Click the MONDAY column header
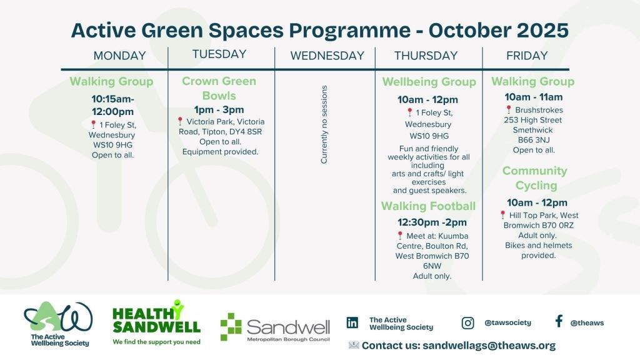pos(119,56)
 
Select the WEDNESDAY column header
pos(327,56)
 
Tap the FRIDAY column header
pos(527,56)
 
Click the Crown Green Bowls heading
pos(219,88)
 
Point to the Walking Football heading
pos(429,206)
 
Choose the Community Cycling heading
pos(535,178)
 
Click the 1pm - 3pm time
pos(219,110)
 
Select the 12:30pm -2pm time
pos(432,222)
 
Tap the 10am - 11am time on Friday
pos(534,97)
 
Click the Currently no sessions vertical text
pos(324,124)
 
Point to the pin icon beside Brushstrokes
pos(509,109)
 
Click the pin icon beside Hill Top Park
pos(503,215)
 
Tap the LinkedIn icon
pos(352,323)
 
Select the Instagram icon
pos(467,323)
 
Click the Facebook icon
pos(559,321)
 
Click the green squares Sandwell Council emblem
pos(231,326)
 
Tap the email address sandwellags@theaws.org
pos(489,346)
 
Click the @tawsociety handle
pos(507,323)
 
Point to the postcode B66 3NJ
pos(534,140)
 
